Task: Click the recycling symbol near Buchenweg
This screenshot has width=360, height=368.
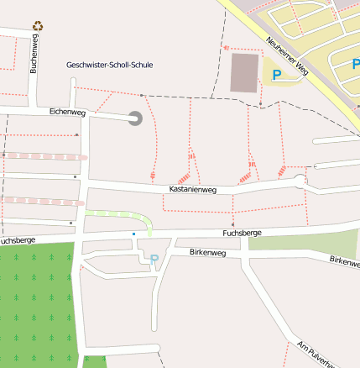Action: pyautogui.click(x=37, y=27)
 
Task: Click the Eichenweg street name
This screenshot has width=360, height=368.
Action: pyautogui.click(x=67, y=113)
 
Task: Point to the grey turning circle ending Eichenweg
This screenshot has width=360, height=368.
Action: pyautogui.click(x=134, y=119)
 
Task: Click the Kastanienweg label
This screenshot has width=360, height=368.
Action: pyautogui.click(x=193, y=190)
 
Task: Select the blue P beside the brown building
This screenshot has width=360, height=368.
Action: pyautogui.click(x=277, y=76)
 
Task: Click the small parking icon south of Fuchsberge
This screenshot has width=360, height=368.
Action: pyautogui.click(x=154, y=260)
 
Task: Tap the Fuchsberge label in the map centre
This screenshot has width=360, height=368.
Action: pyautogui.click(x=242, y=232)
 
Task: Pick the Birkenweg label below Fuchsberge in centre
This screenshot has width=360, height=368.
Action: pyautogui.click(x=207, y=252)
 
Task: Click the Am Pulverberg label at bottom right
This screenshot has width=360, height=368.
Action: pyautogui.click(x=316, y=354)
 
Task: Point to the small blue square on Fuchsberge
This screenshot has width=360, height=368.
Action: pyautogui.click(x=133, y=233)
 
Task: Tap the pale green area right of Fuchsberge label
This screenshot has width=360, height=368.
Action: pyautogui.click(x=294, y=243)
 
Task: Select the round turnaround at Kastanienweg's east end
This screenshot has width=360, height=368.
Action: pyautogui.click(x=301, y=180)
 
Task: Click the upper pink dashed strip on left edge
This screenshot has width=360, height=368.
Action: pyautogui.click(x=42, y=156)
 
